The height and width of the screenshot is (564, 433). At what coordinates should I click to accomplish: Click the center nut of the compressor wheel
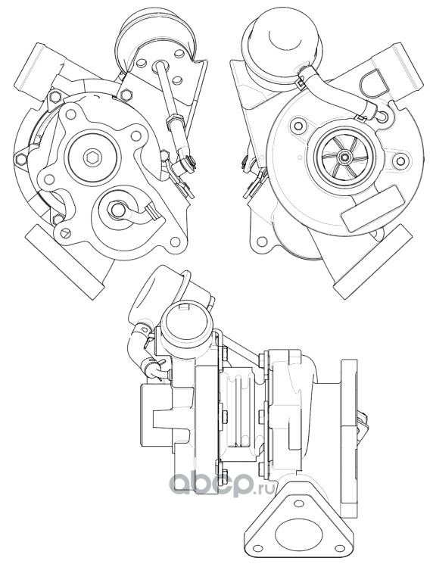(345, 157)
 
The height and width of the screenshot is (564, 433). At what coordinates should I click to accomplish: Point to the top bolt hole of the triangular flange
(297, 503)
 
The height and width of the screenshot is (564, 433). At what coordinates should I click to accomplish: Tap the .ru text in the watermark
(263, 488)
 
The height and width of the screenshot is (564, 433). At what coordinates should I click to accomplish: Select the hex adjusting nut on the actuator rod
(173, 120)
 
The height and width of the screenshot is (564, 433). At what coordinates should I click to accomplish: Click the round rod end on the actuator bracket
(159, 65)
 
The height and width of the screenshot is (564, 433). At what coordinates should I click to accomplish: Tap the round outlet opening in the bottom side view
(184, 320)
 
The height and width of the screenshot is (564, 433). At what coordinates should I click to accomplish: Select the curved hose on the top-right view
(335, 86)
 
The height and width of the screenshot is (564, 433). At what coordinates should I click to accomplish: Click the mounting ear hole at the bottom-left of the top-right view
(262, 240)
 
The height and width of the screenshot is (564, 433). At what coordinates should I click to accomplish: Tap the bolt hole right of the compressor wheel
(400, 160)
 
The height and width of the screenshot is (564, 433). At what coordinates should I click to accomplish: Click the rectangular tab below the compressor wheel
(372, 209)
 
